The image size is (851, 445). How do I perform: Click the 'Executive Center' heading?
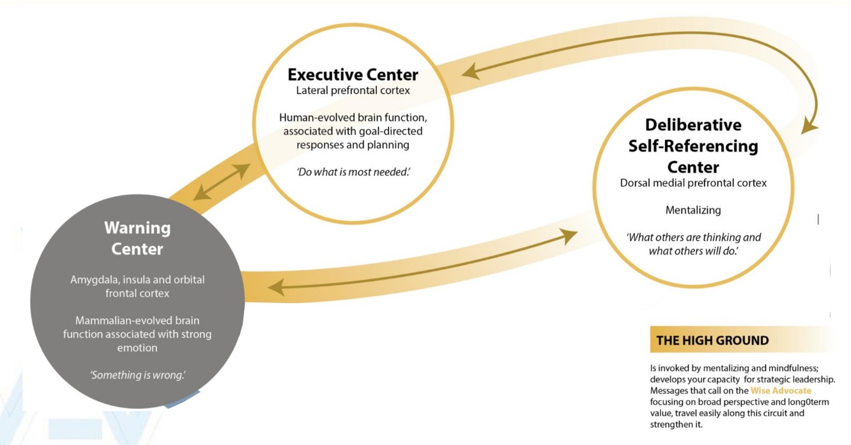click(x=353, y=74)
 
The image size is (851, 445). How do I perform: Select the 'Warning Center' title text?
click(x=137, y=238)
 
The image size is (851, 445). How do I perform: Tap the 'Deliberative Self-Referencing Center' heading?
click(x=693, y=146)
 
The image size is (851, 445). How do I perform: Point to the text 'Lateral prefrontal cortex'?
click(x=353, y=90)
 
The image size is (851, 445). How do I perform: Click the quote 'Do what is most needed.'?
click(x=353, y=172)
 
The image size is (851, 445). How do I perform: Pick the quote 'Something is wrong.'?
click(x=137, y=375)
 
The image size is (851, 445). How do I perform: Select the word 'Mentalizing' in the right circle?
click(x=693, y=210)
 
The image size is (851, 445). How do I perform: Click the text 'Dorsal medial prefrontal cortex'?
click(x=693, y=183)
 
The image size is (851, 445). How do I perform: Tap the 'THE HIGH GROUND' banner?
click(x=712, y=340)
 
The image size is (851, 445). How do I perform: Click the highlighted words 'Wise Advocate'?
click(x=781, y=391)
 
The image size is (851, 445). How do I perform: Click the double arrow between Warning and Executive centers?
click(x=222, y=182)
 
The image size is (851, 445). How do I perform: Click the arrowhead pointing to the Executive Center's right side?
click(x=471, y=72)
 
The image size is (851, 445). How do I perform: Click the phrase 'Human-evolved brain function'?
click(x=353, y=118)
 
